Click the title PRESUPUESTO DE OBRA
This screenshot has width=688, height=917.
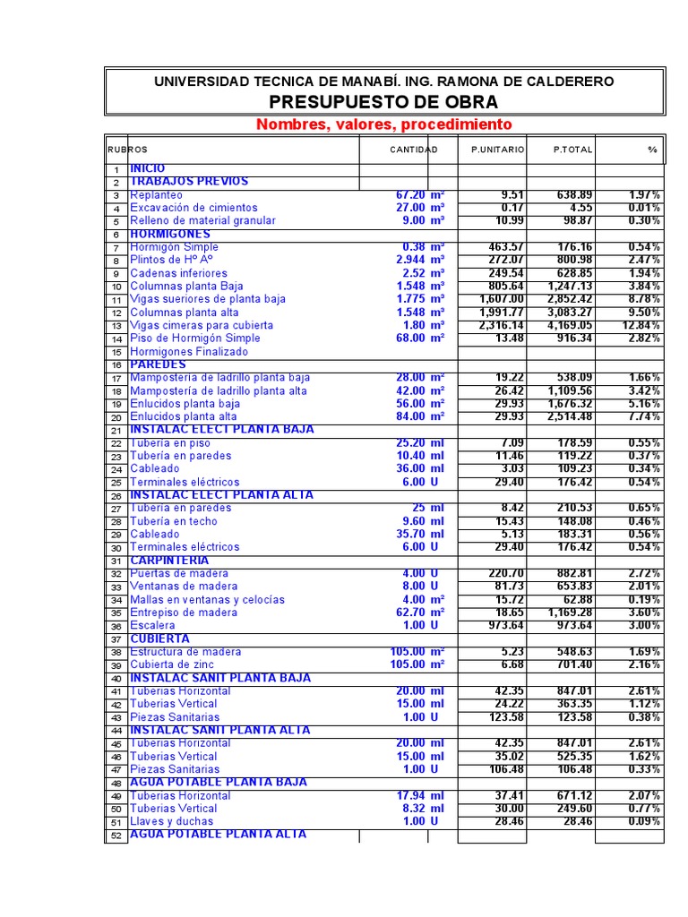point(383,101)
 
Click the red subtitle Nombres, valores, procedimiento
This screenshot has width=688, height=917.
point(383,124)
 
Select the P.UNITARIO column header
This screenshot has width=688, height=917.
point(498,150)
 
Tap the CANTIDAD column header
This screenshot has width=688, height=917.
point(413,150)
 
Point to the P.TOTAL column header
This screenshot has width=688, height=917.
point(572,150)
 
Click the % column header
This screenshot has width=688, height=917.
point(652,150)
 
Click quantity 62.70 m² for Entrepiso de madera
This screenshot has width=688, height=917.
point(420,613)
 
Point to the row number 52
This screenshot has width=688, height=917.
point(116,836)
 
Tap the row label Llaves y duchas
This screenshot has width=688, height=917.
point(172,821)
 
